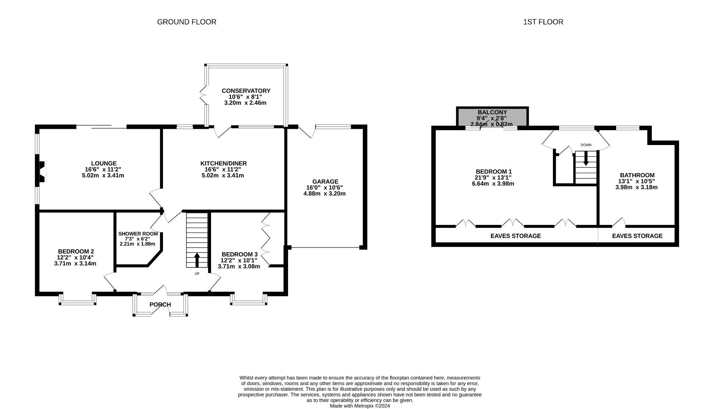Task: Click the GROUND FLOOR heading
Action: coord(186,22)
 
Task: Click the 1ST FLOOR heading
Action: coord(543,22)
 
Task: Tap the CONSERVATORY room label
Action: coord(246,91)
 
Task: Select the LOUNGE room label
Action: coord(103,164)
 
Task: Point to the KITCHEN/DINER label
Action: coord(224,164)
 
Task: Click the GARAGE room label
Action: coord(325,182)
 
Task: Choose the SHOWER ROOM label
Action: coord(138,234)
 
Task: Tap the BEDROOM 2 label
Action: coord(76,251)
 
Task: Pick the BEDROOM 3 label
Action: coord(240,254)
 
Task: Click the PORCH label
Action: coord(160,304)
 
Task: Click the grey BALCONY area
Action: coord(492,117)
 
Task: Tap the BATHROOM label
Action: coord(637,175)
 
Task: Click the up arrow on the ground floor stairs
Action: coord(197,260)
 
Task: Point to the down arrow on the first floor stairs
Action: coord(586,158)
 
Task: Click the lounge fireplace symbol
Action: coord(42,172)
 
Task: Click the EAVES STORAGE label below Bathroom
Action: coord(637,236)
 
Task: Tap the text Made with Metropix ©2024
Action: coord(360,406)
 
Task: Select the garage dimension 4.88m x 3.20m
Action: coord(324,194)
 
